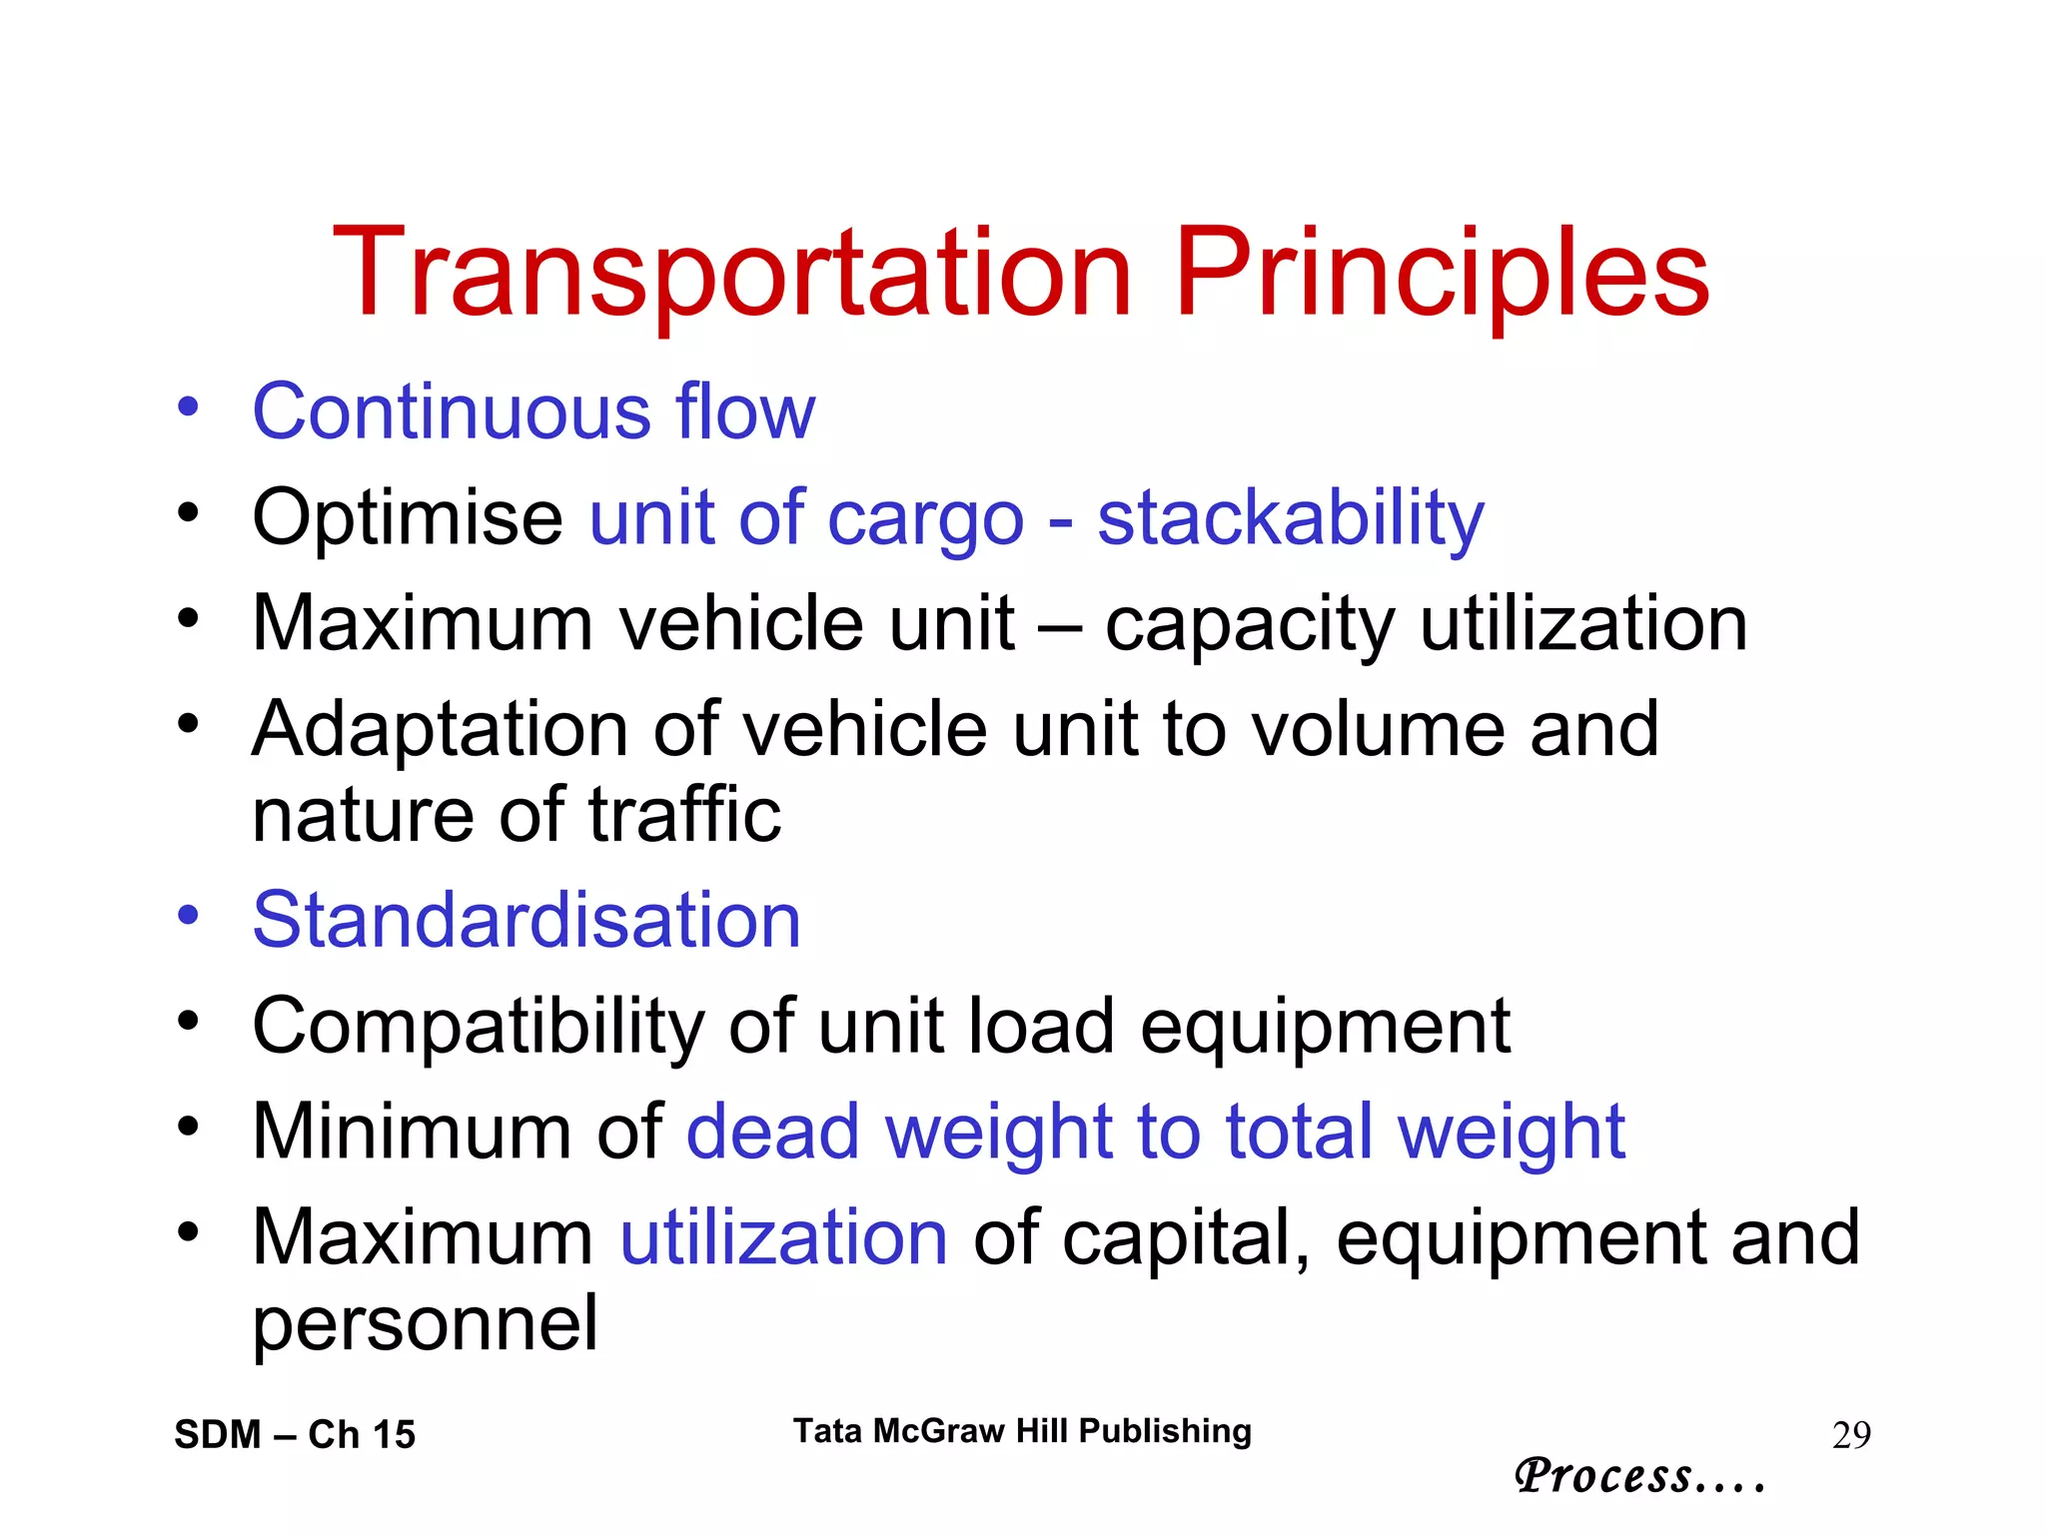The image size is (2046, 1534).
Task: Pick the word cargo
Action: coord(925,519)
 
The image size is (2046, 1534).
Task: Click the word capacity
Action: coord(1249,625)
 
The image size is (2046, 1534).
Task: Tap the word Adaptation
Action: coord(440,729)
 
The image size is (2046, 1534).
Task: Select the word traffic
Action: coord(684,815)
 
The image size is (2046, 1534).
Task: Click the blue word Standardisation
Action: coord(526,920)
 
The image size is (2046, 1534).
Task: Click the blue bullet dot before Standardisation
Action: coord(188,915)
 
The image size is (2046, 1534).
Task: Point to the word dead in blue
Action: coord(772,1132)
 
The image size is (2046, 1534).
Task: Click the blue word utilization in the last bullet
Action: coord(783,1237)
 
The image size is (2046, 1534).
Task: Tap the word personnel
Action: coord(425,1323)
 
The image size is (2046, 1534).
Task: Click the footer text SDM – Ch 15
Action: coord(295,1434)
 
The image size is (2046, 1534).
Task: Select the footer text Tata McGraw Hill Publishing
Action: coord(1022,1430)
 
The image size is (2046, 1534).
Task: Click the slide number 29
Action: coord(1851,1435)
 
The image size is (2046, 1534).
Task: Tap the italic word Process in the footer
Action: coord(1603,1475)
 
